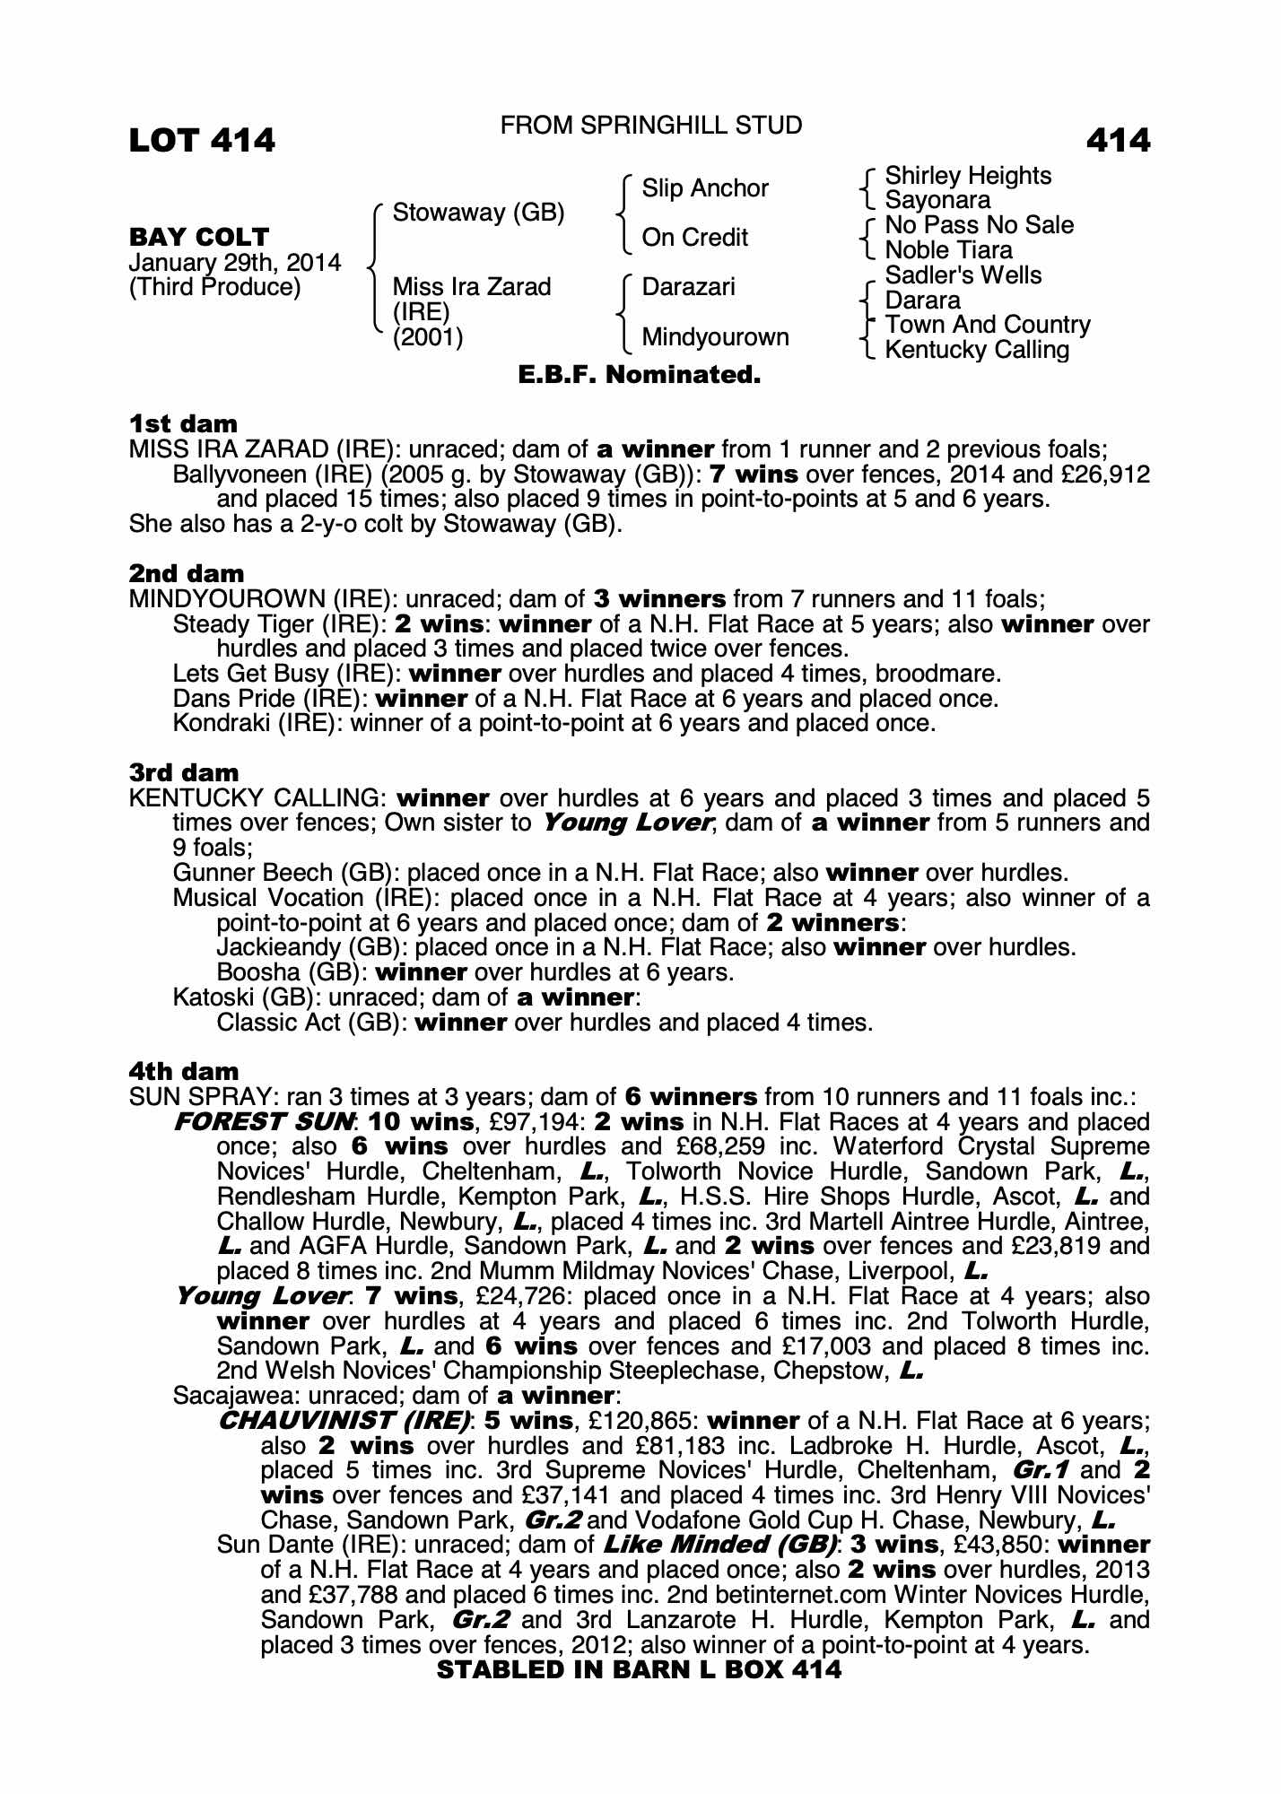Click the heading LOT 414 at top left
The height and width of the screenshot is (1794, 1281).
click(x=202, y=140)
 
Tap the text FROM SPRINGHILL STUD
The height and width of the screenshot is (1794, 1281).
click(x=651, y=126)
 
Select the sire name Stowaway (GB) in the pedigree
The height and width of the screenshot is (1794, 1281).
click(x=478, y=213)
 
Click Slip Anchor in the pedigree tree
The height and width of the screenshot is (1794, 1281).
click(x=705, y=188)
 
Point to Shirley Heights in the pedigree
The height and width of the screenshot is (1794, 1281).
click(x=968, y=176)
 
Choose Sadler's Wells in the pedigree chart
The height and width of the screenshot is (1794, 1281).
click(x=963, y=275)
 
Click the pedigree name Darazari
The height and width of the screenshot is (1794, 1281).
click(x=688, y=287)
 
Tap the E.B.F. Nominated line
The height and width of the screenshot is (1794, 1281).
click(x=640, y=375)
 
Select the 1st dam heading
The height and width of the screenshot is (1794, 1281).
click(x=184, y=423)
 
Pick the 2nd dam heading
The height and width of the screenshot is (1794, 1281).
click(x=187, y=573)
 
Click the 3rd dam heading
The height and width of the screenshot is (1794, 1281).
click(x=185, y=772)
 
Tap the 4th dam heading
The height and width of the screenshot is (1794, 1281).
click(x=185, y=1071)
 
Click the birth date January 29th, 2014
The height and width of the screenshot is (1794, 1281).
click(x=235, y=263)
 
